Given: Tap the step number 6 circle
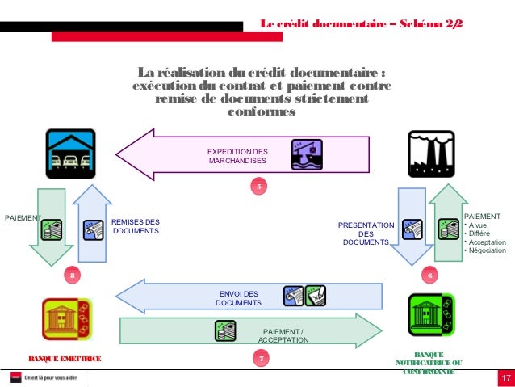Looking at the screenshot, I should [430, 276].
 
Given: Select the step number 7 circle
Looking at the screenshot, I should [259, 358].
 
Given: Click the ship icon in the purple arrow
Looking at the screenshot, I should [307, 154].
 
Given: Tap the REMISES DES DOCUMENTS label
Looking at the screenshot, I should [136, 226].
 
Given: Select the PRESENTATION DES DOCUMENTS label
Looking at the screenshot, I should [366, 234].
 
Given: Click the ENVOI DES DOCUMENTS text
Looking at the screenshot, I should [238, 298].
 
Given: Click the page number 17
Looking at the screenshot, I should [505, 380].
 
